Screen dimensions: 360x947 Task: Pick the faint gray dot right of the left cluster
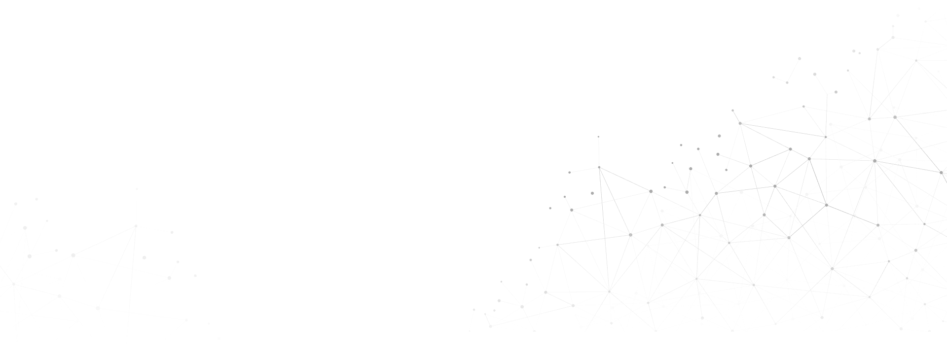coord(219,339)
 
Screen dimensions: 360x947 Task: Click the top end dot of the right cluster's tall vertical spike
coord(599,136)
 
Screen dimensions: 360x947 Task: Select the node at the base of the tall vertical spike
coord(599,168)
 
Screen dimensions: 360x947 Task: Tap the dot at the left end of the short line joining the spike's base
coord(570,173)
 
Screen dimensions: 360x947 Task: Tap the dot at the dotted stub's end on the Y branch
coord(836,91)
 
